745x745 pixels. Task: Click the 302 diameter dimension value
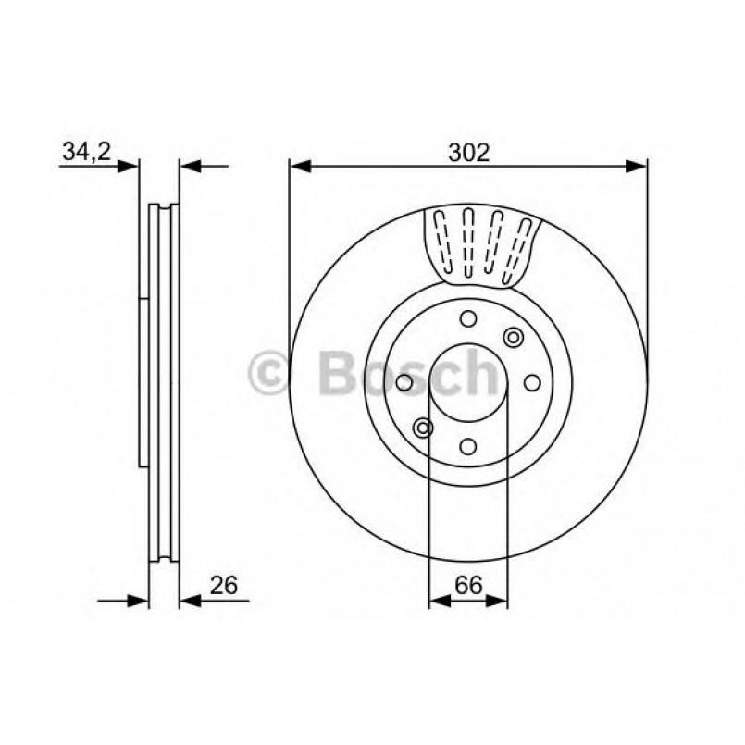[468, 153]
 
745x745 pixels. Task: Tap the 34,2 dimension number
[86, 153]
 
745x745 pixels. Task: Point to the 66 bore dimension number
[468, 585]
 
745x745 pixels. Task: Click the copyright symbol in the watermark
[270, 375]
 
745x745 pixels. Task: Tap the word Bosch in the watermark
[407, 375]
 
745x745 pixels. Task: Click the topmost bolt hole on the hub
[468, 319]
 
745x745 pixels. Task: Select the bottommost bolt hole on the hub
[468, 446]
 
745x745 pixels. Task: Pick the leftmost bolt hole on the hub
[404, 382]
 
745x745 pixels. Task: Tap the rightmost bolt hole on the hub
[532, 382]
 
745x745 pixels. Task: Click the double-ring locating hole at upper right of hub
[513, 338]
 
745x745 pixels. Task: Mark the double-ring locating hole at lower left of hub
[423, 427]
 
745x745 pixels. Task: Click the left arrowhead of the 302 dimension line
[298, 167]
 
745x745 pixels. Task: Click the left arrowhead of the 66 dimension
[438, 602]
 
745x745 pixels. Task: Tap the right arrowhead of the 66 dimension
[499, 602]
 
